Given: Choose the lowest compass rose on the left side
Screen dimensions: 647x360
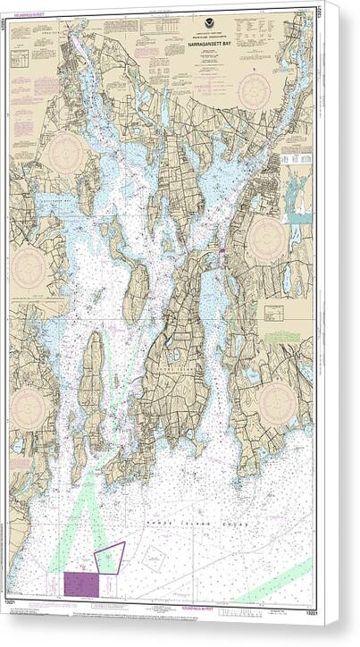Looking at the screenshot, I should pos(31,407).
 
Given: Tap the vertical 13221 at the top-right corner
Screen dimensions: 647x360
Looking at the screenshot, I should pos(318,13).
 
